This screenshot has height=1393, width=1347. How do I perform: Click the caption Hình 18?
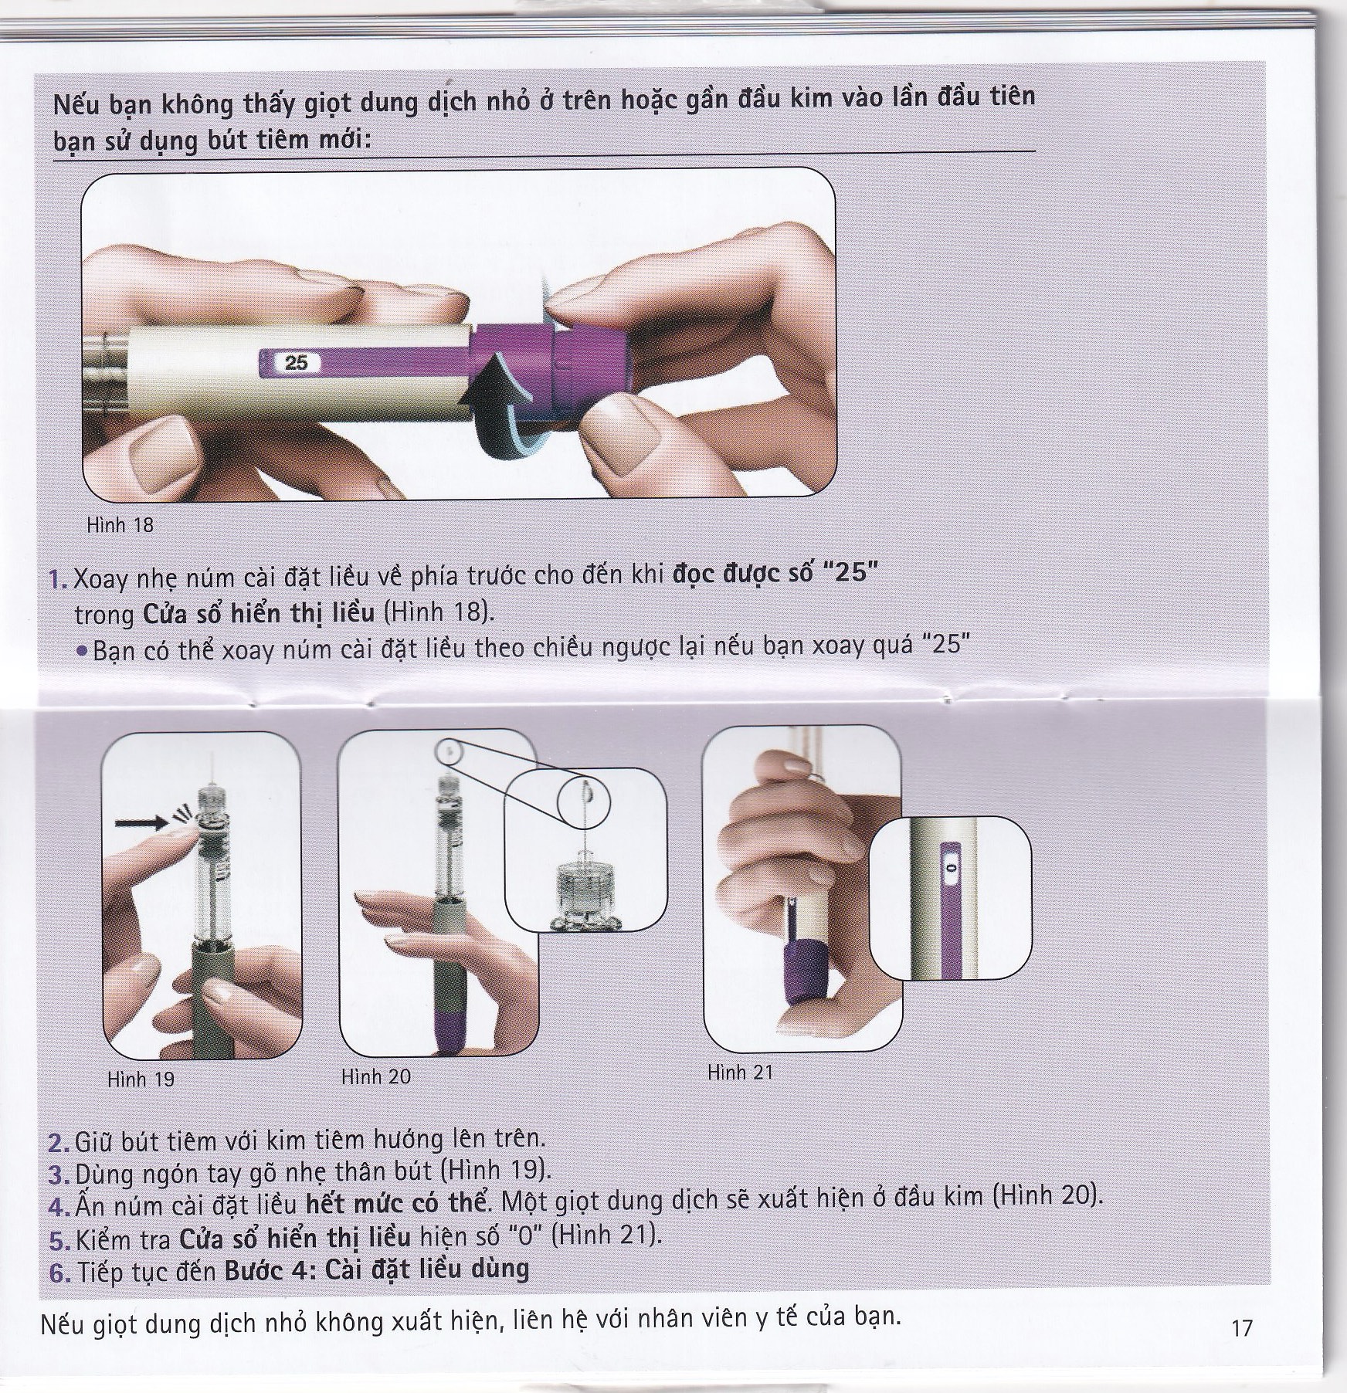click(x=120, y=526)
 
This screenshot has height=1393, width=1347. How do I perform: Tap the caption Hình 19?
click(x=141, y=1079)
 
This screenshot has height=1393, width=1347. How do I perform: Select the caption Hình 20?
click(x=376, y=1076)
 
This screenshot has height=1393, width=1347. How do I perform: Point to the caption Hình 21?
click(x=740, y=1073)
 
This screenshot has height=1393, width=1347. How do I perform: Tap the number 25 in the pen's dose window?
click(x=296, y=363)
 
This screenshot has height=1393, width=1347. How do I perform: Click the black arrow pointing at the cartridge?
click(x=141, y=823)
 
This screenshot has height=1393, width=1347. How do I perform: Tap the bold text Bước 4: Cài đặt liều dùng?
click(x=377, y=1269)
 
